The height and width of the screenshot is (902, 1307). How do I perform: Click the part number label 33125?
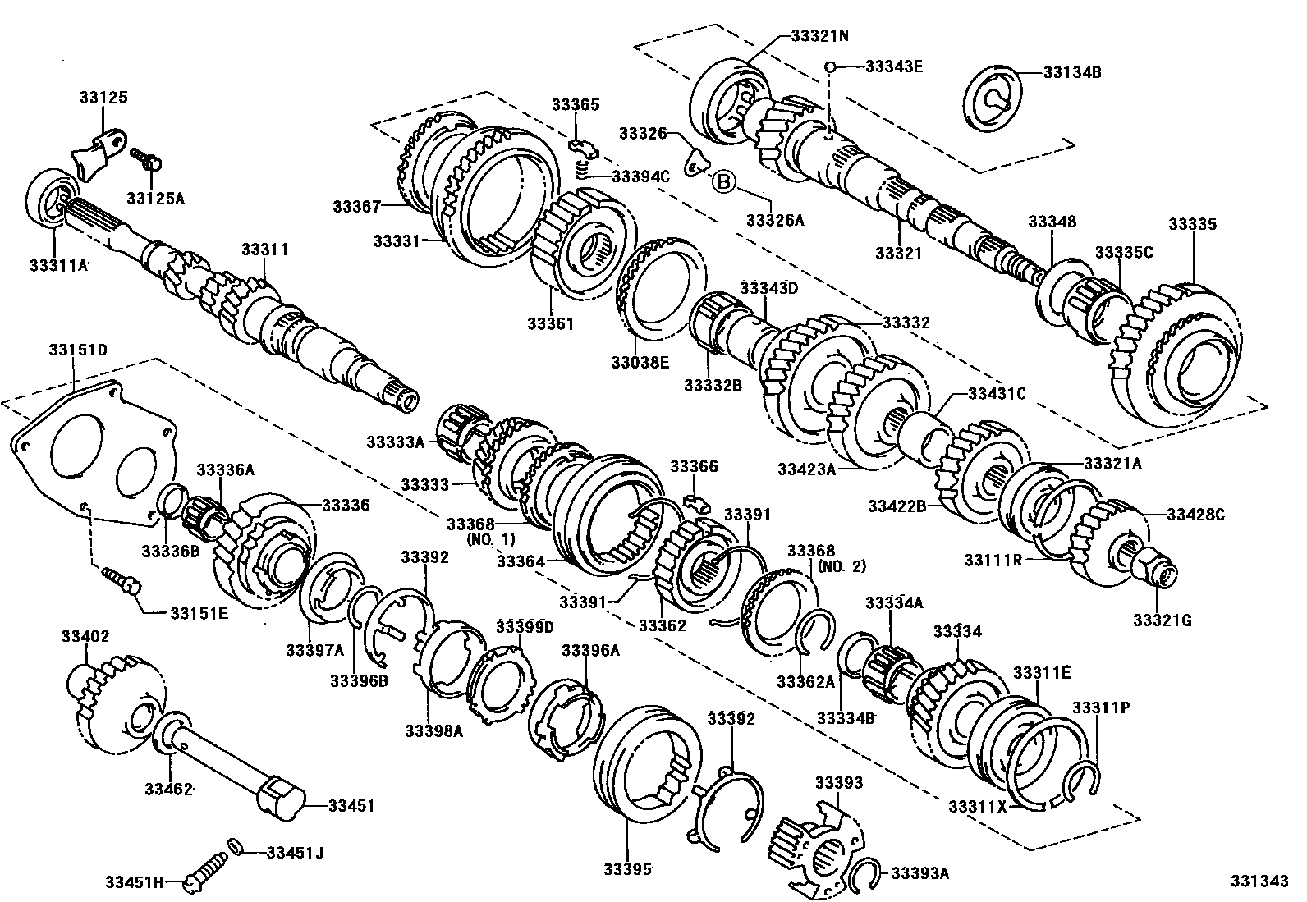point(103,98)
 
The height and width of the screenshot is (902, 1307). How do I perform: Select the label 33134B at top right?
point(1072,72)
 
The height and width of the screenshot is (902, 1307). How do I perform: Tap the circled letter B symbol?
point(722,182)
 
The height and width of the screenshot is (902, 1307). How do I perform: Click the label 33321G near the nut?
point(1162,620)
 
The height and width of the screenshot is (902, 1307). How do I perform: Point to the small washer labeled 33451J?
point(235,847)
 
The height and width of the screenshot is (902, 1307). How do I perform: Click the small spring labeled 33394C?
point(581,171)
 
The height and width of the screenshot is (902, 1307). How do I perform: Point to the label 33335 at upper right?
point(1192,225)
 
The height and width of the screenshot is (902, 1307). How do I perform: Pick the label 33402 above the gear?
point(85,636)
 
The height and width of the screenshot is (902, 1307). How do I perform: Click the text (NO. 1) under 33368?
point(490,540)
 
